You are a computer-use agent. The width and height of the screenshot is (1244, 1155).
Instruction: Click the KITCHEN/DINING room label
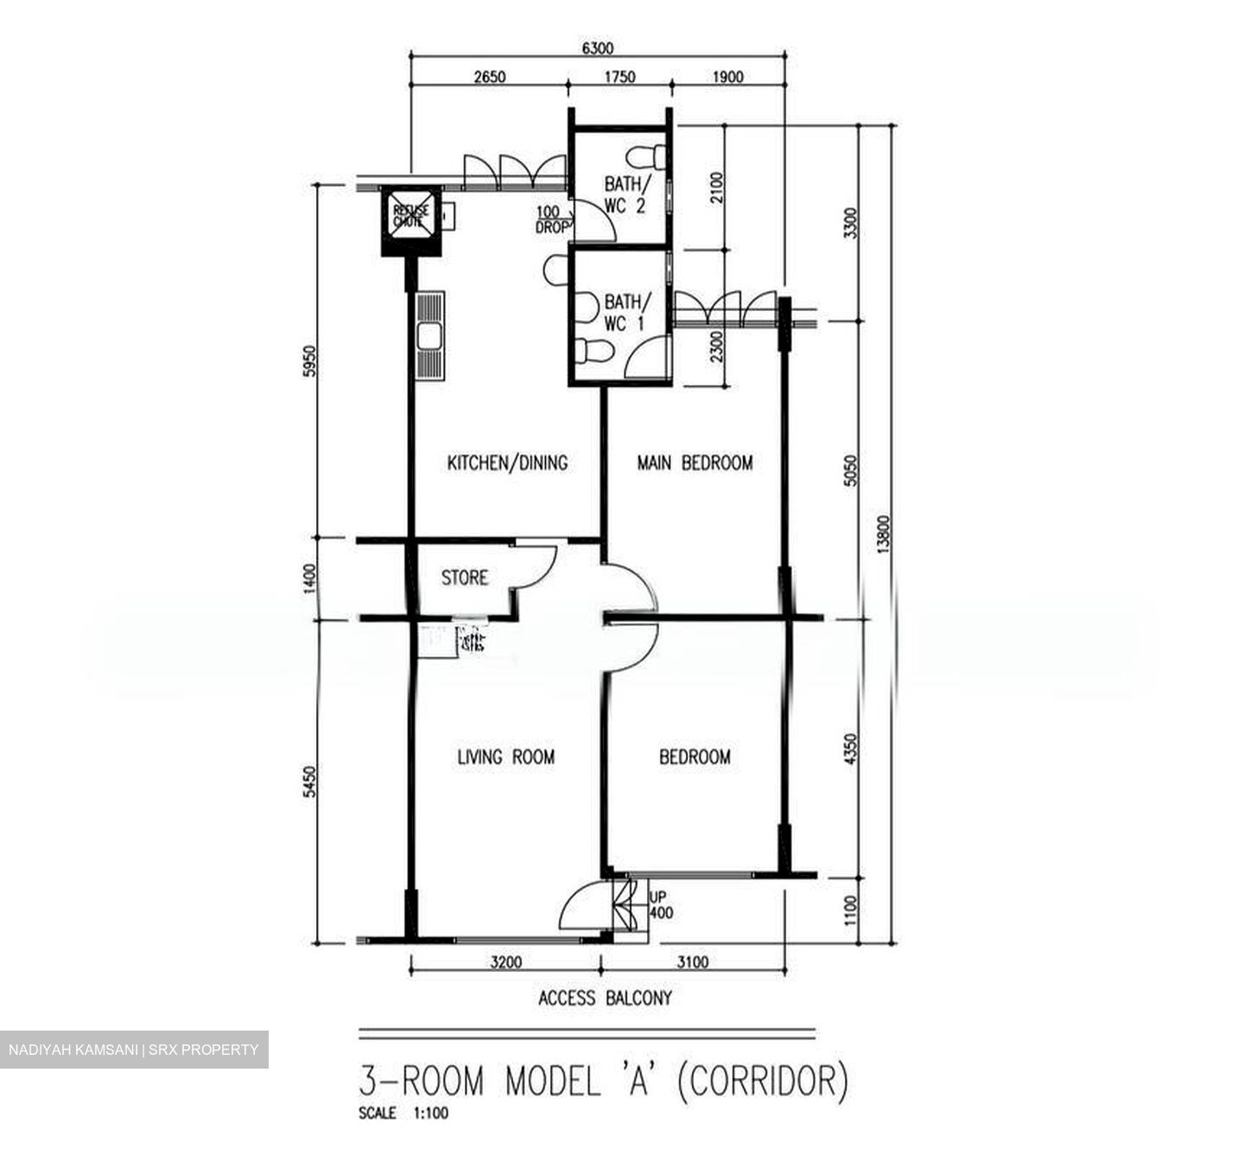(x=507, y=463)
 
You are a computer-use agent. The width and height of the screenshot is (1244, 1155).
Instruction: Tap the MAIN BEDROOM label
(x=695, y=463)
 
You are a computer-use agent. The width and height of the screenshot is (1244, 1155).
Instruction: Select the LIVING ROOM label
(x=505, y=758)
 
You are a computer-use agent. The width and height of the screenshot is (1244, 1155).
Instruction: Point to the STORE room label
(x=465, y=577)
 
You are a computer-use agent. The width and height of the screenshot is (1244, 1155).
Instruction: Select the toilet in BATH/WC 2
(x=647, y=157)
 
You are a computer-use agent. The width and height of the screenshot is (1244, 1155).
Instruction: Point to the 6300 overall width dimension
(x=598, y=49)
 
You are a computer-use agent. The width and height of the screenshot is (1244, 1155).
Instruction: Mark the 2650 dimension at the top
(x=489, y=77)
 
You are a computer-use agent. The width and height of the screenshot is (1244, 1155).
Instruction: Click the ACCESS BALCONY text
(x=605, y=999)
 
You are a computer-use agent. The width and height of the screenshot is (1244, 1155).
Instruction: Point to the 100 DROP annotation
(x=551, y=220)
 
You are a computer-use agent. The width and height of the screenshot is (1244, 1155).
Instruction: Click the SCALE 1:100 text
(x=403, y=1114)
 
